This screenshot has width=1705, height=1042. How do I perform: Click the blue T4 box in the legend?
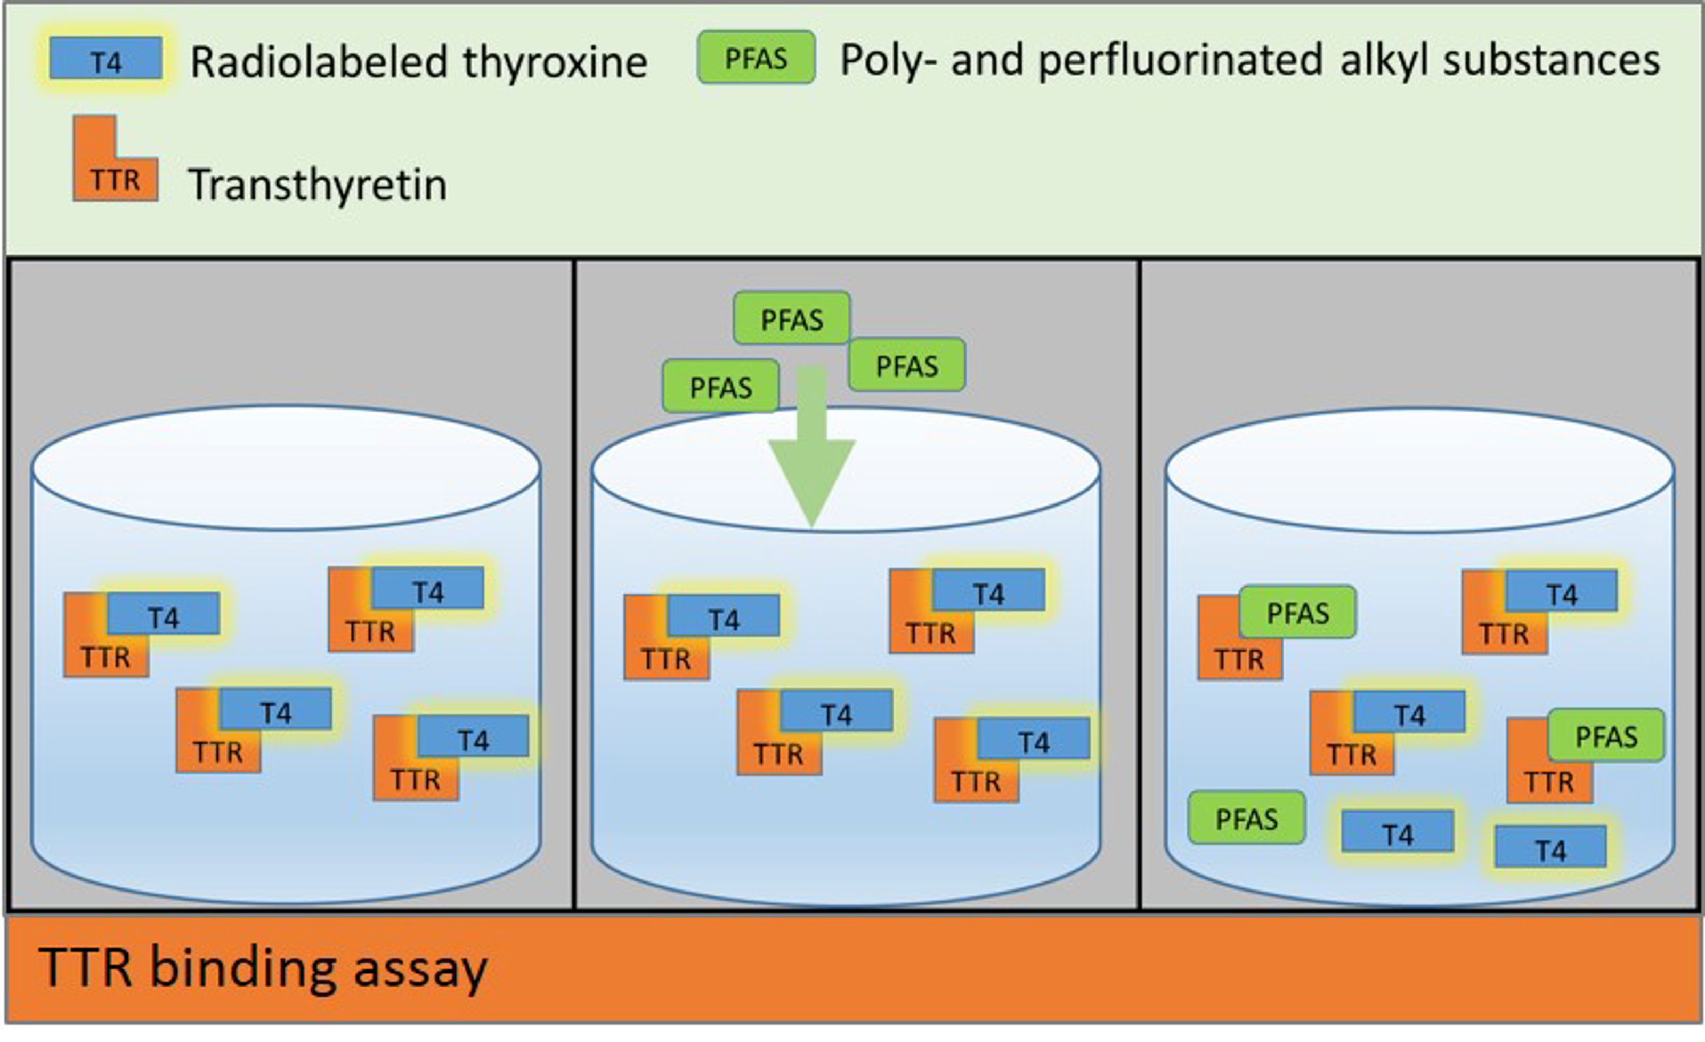[106, 58]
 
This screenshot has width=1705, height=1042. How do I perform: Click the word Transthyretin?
[318, 185]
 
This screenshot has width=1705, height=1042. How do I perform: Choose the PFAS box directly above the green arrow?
[792, 318]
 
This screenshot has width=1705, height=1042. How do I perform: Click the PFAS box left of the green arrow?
[721, 386]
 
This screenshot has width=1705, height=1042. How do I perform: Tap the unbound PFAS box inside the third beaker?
[1247, 817]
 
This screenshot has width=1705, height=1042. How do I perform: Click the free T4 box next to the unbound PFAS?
[1397, 830]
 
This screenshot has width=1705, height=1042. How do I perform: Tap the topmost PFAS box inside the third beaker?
[1298, 612]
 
